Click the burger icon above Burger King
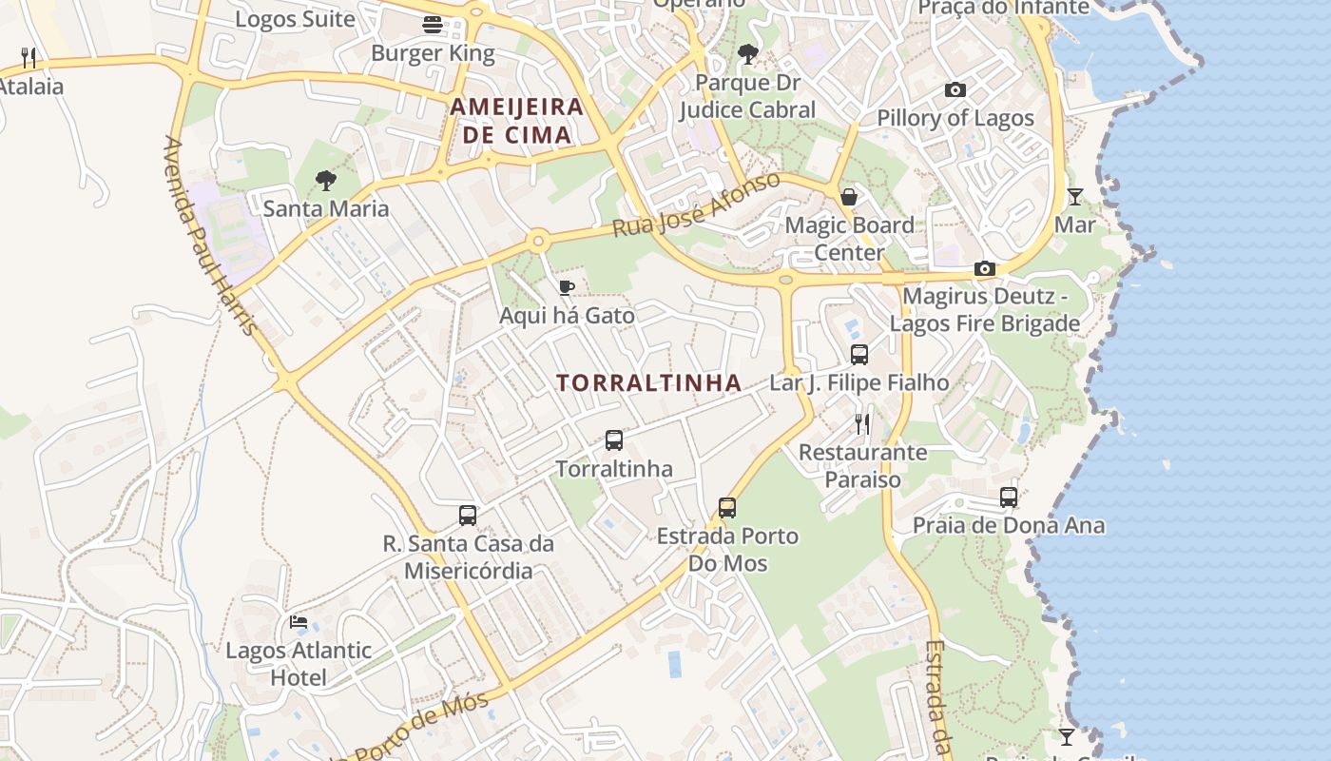(x=433, y=25)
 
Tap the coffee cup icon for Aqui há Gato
(x=567, y=287)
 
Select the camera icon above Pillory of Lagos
(x=955, y=90)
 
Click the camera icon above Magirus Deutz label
(x=985, y=269)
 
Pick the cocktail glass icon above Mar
(x=1075, y=197)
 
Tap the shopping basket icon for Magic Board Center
(x=849, y=197)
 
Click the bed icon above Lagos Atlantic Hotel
(x=299, y=622)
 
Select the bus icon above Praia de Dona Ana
(x=1009, y=497)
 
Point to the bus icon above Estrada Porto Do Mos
(x=727, y=508)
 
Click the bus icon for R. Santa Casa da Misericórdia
(x=468, y=516)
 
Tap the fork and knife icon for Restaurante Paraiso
(x=862, y=423)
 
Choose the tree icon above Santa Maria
(x=326, y=180)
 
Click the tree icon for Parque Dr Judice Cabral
(x=748, y=54)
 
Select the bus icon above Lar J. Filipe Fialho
(x=859, y=355)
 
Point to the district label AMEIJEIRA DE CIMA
(x=517, y=120)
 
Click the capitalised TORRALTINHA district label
(x=648, y=383)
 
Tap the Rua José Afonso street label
(x=696, y=205)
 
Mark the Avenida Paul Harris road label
(x=210, y=236)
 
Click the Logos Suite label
(x=295, y=19)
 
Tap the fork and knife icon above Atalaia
(x=29, y=58)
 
